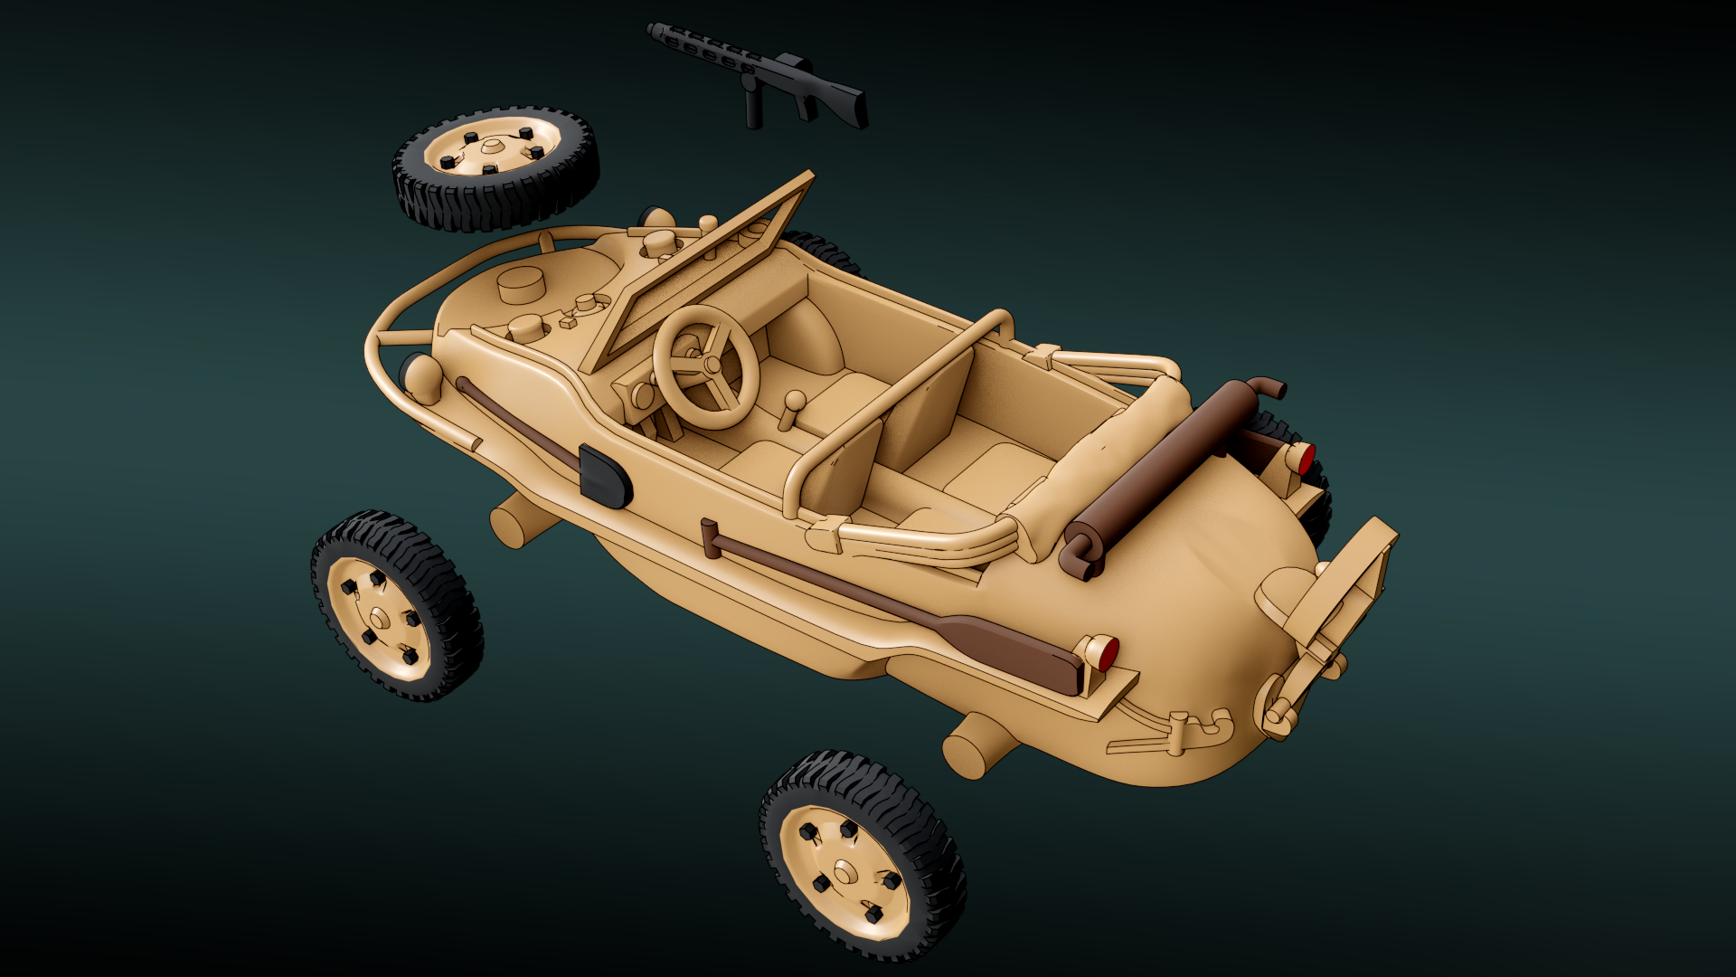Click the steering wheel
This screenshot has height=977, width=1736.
coord(705,366)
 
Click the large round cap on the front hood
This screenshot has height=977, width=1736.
coord(522,286)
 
